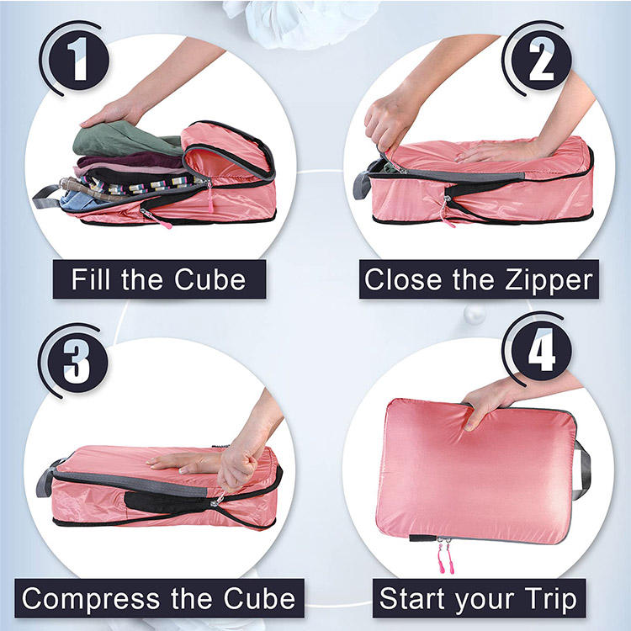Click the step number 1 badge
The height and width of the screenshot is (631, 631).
[79, 60]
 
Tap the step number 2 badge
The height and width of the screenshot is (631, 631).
[541, 61]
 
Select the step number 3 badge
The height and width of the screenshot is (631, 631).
[77, 363]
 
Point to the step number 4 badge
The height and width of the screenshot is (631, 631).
[541, 351]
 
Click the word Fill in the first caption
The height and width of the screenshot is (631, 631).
[90, 278]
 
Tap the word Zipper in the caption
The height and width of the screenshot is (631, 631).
[549, 280]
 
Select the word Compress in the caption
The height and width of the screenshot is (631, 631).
[91, 599]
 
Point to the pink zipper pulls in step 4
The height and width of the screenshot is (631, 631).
[446, 556]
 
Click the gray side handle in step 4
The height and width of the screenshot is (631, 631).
[583, 469]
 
